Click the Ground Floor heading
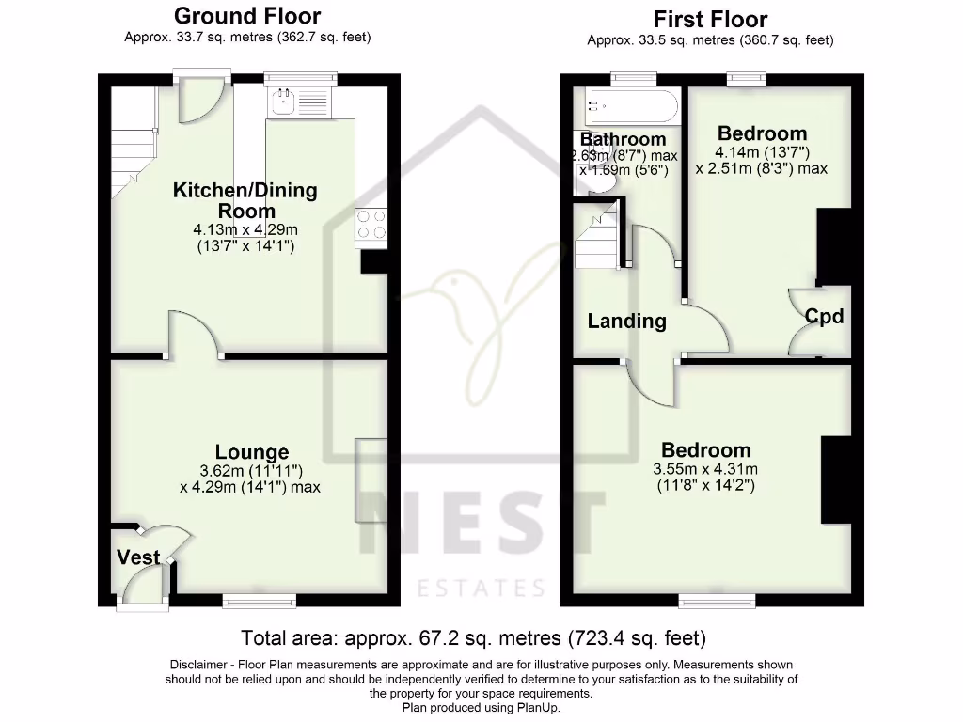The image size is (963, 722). click(x=247, y=16)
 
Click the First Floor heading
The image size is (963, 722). click(x=710, y=19)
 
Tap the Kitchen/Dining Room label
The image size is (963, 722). click(x=245, y=200)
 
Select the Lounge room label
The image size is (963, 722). click(x=251, y=452)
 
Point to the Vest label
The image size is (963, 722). click(x=137, y=557)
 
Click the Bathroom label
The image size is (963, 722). click(x=623, y=139)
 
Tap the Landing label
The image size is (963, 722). click(x=626, y=321)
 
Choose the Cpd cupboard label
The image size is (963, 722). click(x=824, y=316)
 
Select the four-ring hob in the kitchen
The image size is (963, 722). click(x=371, y=224)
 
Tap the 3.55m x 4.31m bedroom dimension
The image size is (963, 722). click(x=705, y=469)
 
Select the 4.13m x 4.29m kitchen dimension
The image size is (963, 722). click(x=245, y=229)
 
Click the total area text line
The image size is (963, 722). click(x=473, y=638)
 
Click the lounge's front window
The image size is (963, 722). click(x=259, y=599)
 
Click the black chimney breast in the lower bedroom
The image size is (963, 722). click(x=835, y=479)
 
